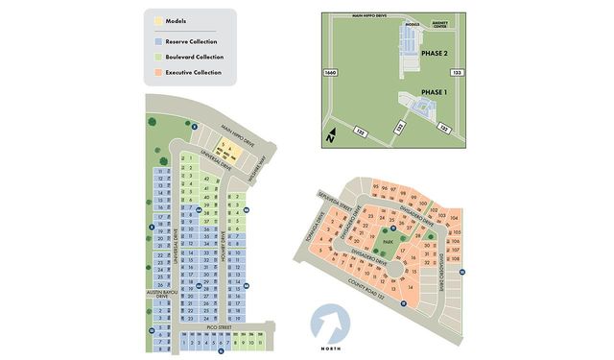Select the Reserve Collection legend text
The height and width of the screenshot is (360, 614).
tap(192, 41)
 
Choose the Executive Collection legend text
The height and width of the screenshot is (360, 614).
tap(193, 72)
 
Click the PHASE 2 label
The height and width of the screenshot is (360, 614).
tap(435, 53)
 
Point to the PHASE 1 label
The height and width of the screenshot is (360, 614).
tap(434, 92)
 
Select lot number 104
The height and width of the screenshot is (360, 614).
tap(455, 218)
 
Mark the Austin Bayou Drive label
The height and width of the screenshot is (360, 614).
tap(156, 296)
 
